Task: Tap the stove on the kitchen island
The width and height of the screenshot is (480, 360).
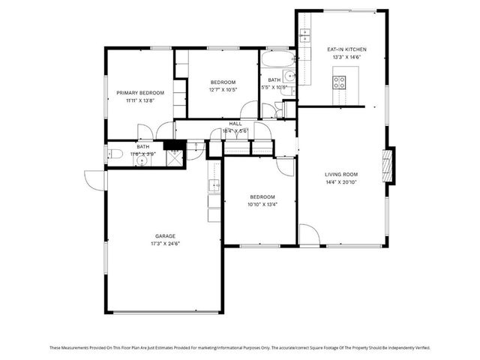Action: pos(339,82)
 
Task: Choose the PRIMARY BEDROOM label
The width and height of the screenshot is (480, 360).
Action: pos(139,92)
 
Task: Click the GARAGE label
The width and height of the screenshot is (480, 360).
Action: pos(166,235)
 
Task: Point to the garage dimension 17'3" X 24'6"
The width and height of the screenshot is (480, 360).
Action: pos(166,243)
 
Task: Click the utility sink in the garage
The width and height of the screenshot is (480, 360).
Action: pos(214,185)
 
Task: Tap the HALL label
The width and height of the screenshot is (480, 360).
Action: pos(235,124)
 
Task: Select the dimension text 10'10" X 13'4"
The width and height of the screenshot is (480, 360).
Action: pos(262,204)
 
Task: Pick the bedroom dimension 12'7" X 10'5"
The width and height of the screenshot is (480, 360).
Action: pos(223,89)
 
